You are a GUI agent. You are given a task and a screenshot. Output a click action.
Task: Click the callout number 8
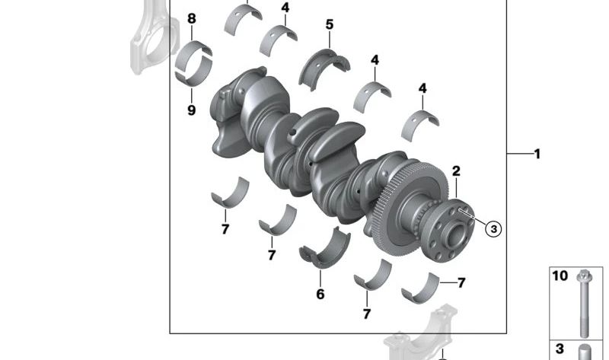[192, 18]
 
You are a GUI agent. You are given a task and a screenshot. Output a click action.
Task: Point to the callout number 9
[192, 110]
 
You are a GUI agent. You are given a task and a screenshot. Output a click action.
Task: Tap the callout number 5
[330, 24]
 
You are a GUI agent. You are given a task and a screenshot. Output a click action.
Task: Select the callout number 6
[320, 294]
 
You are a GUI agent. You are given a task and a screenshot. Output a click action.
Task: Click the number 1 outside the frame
[537, 155]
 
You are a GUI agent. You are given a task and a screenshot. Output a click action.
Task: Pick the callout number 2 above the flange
[456, 171]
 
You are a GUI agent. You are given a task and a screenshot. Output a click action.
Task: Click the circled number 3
[493, 229]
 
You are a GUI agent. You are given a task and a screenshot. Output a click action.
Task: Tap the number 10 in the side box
[560, 276]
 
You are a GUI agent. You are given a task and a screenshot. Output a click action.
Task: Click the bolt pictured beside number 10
[583, 304]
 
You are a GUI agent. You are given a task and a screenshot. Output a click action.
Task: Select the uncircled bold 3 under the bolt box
[560, 349]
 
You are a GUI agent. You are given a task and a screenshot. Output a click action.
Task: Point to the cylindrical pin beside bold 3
[585, 352]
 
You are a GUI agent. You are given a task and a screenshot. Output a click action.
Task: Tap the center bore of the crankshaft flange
[458, 235]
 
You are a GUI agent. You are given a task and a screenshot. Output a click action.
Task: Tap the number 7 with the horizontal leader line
[461, 282]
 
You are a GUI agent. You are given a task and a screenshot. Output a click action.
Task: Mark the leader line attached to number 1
[519, 155]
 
